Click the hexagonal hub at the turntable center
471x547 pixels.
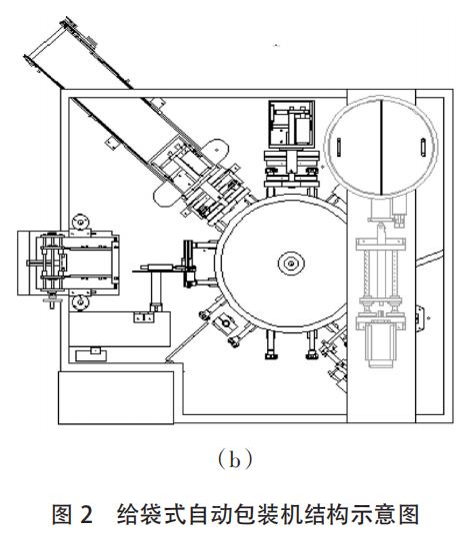click(291, 264)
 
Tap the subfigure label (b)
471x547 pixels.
click(234, 460)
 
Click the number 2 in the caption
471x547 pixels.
click(86, 514)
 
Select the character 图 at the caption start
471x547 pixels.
click(63, 514)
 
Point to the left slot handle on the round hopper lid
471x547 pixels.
click(338, 147)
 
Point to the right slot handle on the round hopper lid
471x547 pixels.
click(423, 148)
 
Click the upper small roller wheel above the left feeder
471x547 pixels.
click(81, 222)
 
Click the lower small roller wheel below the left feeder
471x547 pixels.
click(80, 302)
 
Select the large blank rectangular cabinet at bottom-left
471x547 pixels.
click(116, 397)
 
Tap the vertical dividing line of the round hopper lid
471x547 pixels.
click(381, 147)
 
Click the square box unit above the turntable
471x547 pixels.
click(292, 124)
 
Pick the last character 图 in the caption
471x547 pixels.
click(408, 514)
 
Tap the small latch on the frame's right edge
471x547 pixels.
click(420, 318)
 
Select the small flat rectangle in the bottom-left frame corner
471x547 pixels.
click(91, 355)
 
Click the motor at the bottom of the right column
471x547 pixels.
click(381, 344)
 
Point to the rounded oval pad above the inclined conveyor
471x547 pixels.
click(216, 151)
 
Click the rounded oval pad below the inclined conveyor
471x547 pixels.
click(168, 194)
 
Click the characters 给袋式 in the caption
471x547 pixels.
click(151, 514)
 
